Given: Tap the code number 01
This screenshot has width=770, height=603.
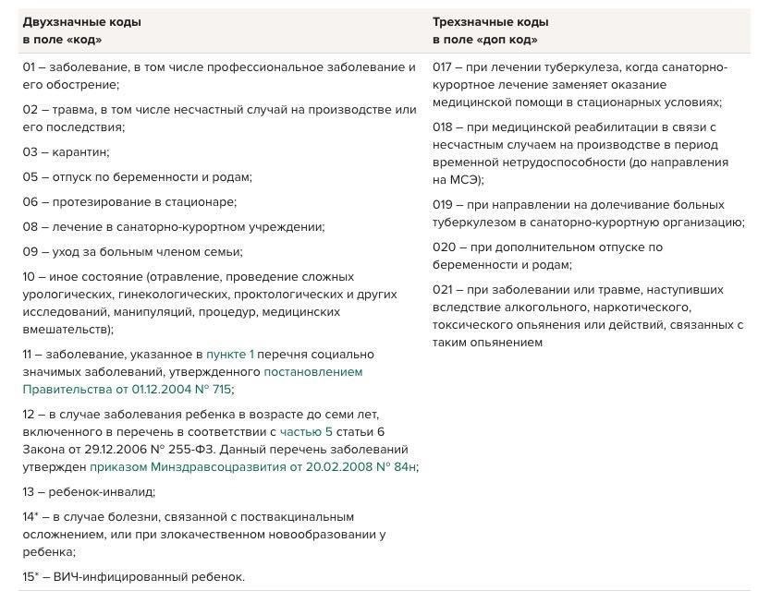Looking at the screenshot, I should [29, 66].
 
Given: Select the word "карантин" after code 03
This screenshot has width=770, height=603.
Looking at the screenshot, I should [80, 151].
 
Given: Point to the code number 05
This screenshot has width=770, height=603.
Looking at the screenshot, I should [30, 176].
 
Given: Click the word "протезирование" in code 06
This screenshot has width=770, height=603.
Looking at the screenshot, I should [98, 201].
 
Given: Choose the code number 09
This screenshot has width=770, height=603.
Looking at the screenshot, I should [30, 251].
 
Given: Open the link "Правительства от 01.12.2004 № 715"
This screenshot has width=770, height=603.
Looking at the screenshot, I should [128, 389].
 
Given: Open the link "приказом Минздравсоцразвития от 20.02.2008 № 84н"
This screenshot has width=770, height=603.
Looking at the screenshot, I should [253, 466].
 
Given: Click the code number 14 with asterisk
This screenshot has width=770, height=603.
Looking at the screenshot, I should [31, 517].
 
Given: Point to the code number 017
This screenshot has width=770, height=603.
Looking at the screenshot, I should [442, 66].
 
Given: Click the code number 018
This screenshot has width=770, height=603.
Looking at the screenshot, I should [442, 127].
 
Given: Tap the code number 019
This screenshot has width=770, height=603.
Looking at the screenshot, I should [442, 204].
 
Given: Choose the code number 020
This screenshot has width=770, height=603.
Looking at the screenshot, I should [443, 247].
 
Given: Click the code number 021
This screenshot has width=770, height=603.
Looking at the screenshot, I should [442, 289].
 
